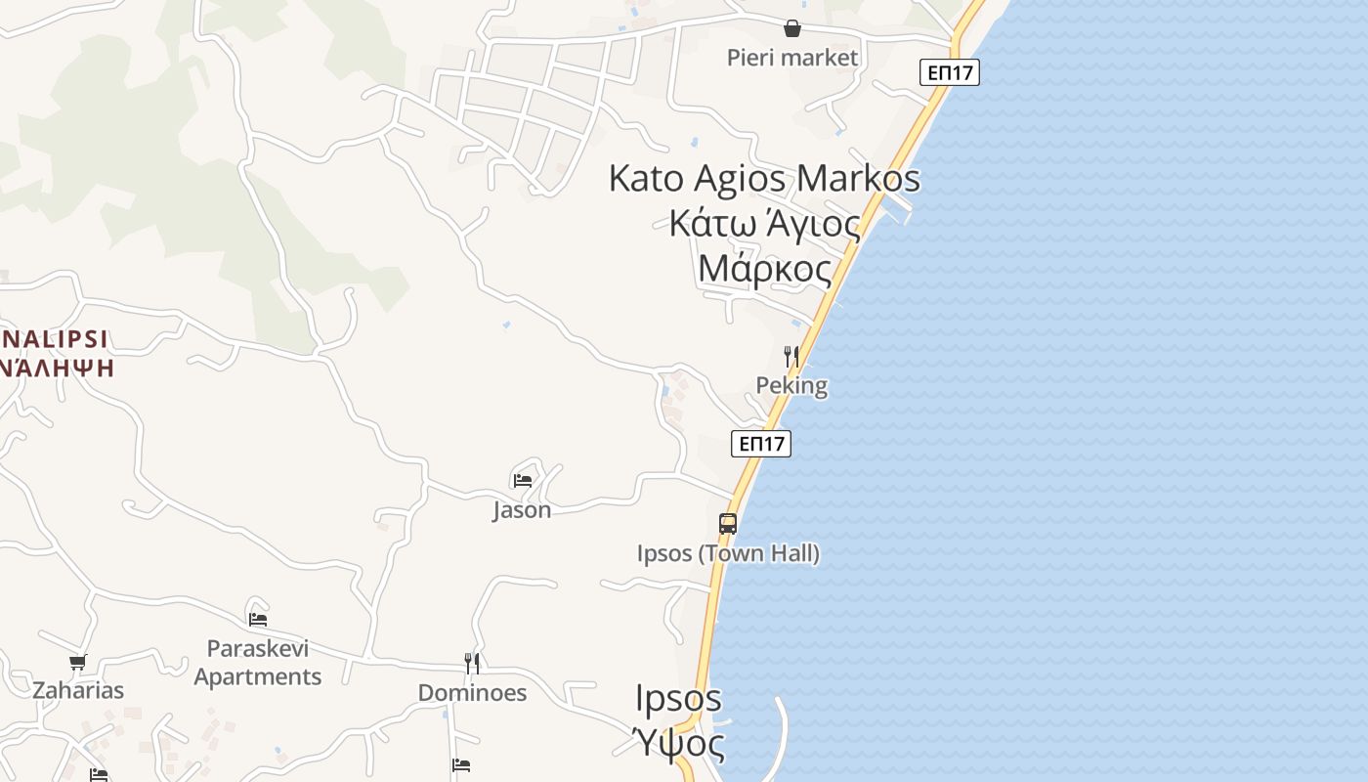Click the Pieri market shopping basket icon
pos(792,29)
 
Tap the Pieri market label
pos(792,58)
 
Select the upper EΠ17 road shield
pos(949,71)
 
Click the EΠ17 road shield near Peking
pos(761,444)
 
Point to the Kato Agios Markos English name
pos(764,179)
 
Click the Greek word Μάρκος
pos(765,268)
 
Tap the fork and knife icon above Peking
pos(791,357)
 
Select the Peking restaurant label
pos(791,385)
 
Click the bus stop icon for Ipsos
pos(728,524)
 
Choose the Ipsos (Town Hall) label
pos(728,553)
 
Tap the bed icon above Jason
pos(523,480)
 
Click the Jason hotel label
pos(522,509)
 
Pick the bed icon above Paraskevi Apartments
pos(258,619)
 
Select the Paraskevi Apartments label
pos(258,663)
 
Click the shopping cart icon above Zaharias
pos(78,663)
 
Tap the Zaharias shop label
pos(78,691)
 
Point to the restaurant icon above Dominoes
pos(472,664)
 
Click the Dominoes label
pos(472,693)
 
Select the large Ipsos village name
pos(678,699)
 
